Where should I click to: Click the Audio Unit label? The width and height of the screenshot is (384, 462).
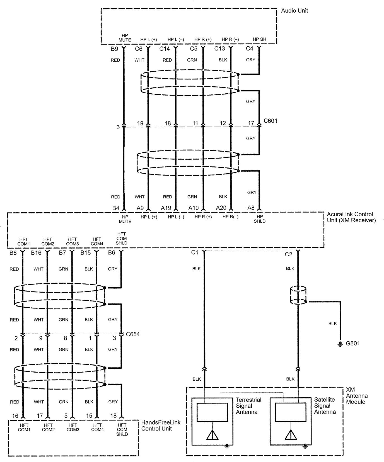[294, 11]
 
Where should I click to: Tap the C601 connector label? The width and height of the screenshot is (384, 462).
[270, 121]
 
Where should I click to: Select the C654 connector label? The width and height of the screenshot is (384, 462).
[132, 334]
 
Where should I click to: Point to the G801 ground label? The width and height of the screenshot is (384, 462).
[353, 343]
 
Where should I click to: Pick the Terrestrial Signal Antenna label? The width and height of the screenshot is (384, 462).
[248, 406]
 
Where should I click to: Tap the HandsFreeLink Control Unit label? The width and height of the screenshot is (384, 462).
[161, 425]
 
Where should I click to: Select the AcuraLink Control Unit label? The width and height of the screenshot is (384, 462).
[351, 217]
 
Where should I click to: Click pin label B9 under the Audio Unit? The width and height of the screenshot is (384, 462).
[114, 49]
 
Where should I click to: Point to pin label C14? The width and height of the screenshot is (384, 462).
[165, 49]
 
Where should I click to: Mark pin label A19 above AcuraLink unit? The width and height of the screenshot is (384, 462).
[166, 208]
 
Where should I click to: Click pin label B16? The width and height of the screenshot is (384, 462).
[36, 253]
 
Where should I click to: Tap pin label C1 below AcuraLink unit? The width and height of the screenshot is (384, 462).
[195, 252]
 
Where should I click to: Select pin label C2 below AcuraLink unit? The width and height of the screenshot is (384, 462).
[288, 254]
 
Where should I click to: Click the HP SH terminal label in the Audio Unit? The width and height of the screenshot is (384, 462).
[259, 39]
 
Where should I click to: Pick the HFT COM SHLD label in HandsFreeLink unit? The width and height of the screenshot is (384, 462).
[122, 429]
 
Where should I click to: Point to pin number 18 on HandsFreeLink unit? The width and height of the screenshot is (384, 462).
[113, 416]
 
